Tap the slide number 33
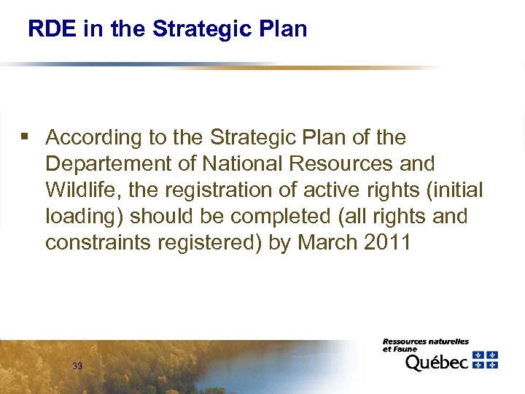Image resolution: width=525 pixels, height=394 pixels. (x=77, y=366)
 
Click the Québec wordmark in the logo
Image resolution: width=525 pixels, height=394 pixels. (x=436, y=362)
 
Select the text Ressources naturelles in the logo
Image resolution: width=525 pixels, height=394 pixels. (x=426, y=341)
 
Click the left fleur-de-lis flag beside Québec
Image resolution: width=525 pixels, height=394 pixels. (x=479, y=359)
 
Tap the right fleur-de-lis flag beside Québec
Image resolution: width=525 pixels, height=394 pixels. (x=493, y=359)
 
